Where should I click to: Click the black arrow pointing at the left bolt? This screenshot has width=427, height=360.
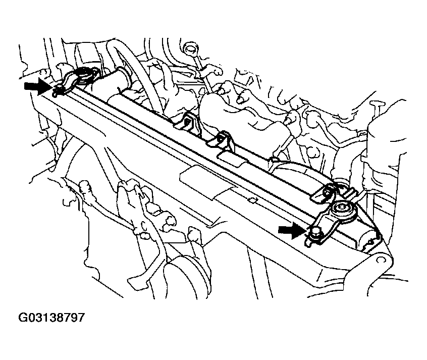pyautogui.click(x=37, y=86)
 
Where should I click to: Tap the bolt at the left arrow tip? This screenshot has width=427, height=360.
pyautogui.click(x=58, y=88)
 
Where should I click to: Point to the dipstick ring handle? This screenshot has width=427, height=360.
pyautogui.click(x=190, y=49)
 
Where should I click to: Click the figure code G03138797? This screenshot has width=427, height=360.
pyautogui.click(x=51, y=318)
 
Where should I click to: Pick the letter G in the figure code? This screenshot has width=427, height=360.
pyautogui.click(x=23, y=318)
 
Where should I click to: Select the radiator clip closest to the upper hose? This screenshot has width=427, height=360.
pyautogui.click(x=187, y=123)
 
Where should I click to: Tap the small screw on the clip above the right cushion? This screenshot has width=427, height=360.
pyautogui.click(x=326, y=193)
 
